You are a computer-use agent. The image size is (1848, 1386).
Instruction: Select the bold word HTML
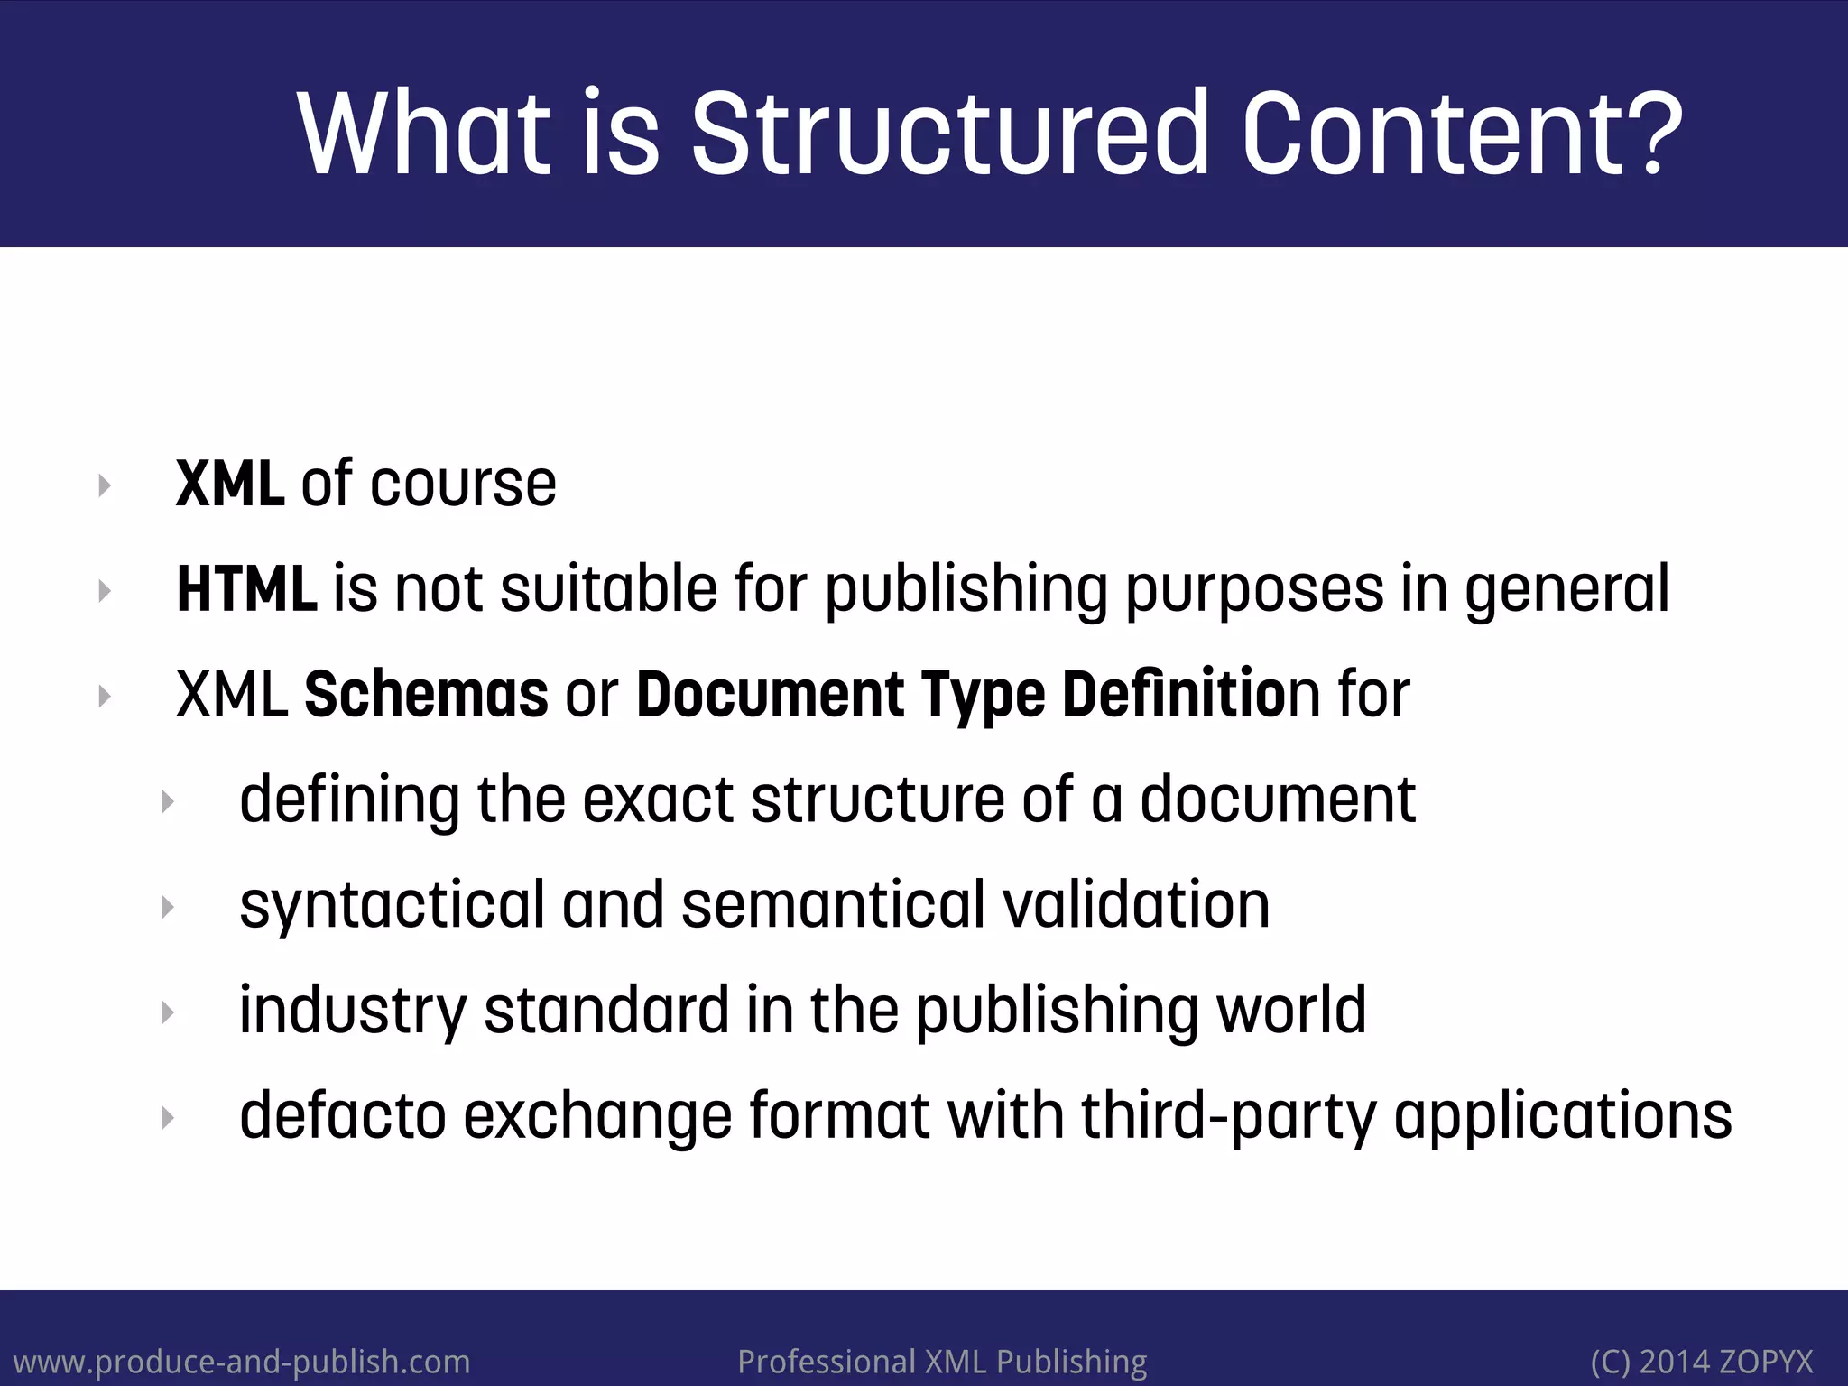[246, 589]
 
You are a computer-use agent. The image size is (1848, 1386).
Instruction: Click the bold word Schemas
[426, 694]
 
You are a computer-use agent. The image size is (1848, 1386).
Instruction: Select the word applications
[1563, 1116]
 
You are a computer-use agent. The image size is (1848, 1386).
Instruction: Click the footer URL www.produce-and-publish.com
[242, 1361]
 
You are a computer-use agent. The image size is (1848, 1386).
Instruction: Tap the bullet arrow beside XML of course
[105, 485]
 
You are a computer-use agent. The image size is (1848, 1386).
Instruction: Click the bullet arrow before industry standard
[168, 1012]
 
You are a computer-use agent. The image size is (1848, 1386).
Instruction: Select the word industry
[353, 1011]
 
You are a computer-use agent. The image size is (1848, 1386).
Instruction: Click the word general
[1566, 589]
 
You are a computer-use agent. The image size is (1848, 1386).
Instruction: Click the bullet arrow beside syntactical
[168, 907]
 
